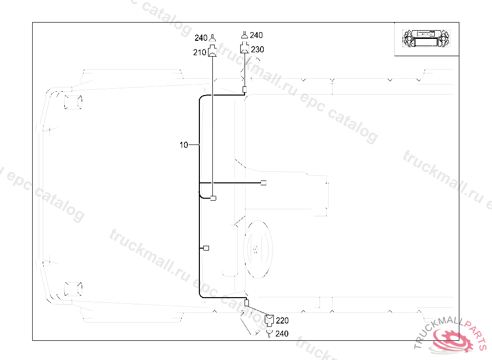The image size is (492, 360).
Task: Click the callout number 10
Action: pos(184,145)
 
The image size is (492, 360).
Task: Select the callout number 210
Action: pos(199,52)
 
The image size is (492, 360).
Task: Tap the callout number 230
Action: pos(258,49)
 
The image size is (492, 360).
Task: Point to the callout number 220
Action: pos(282,321)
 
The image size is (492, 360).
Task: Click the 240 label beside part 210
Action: pos(201,38)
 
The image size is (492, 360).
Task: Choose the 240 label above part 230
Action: pos(257,35)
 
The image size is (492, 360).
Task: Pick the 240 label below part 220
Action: pos(282,334)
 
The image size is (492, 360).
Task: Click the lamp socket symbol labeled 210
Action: pos(212,51)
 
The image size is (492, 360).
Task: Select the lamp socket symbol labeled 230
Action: pos(245,48)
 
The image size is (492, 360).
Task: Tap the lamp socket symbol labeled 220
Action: pos(269,320)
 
